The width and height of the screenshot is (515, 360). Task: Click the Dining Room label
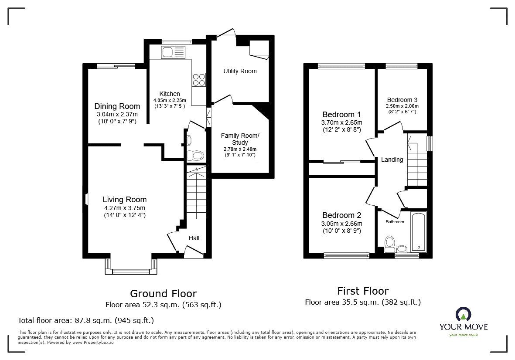pyautogui.click(x=117, y=106)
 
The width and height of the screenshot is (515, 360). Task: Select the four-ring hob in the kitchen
pyautogui.click(x=198, y=79)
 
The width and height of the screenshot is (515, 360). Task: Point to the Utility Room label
pyautogui.click(x=240, y=71)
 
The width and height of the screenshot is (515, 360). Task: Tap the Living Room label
pyautogui.click(x=124, y=200)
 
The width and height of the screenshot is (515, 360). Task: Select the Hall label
pyautogui.click(x=194, y=238)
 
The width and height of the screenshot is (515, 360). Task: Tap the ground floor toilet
pyautogui.click(x=194, y=156)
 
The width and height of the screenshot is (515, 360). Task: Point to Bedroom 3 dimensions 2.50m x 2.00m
pyautogui.click(x=402, y=106)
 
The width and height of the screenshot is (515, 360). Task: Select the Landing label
pyautogui.click(x=392, y=160)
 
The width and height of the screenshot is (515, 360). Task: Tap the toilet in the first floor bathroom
pyautogui.click(x=390, y=242)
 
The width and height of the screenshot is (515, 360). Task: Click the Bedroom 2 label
pyautogui.click(x=342, y=215)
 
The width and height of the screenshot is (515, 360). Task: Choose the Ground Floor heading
pyautogui.click(x=163, y=294)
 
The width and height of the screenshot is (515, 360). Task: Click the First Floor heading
pyautogui.click(x=362, y=291)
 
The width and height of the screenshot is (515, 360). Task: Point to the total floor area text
pyautogui.click(x=85, y=320)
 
